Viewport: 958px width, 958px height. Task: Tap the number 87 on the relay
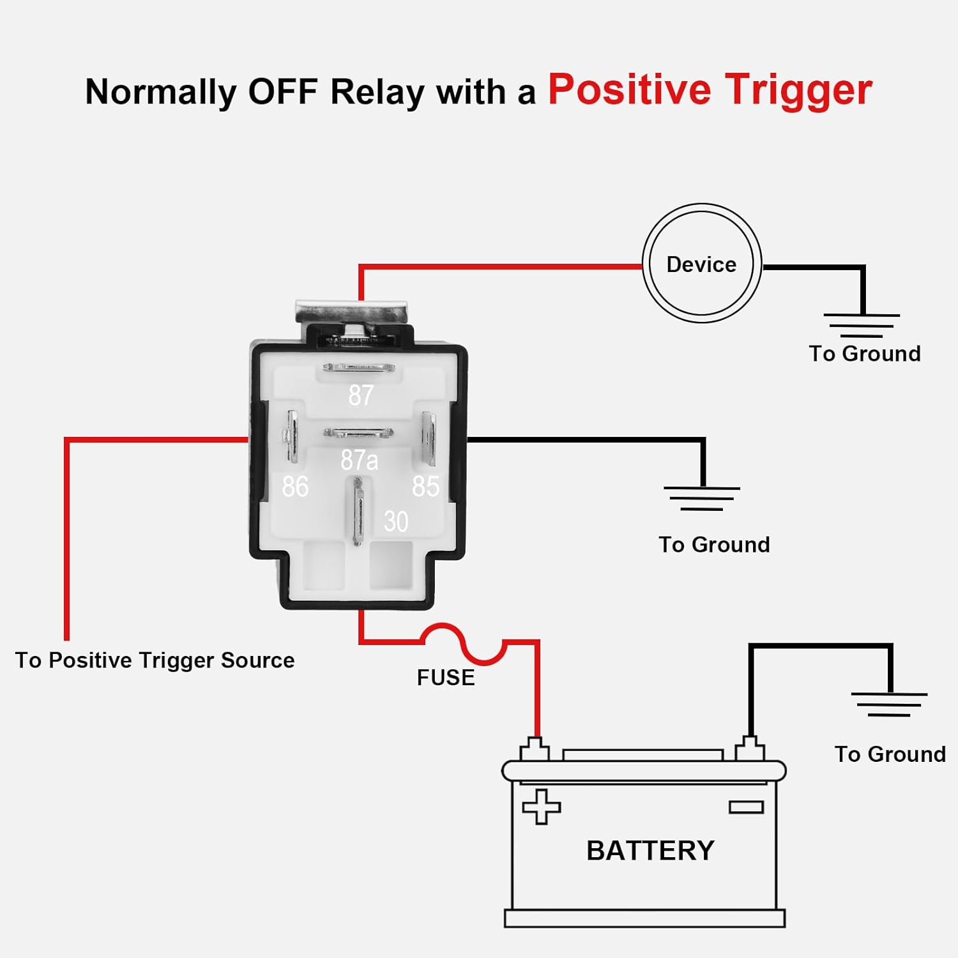[x=361, y=395]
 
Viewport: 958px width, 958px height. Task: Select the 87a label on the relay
[x=359, y=460]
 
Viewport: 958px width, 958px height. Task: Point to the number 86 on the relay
[x=295, y=487]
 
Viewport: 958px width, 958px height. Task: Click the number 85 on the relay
[x=425, y=487]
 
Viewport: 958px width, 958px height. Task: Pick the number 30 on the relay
[x=396, y=522]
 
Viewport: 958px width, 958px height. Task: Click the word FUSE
[x=446, y=678]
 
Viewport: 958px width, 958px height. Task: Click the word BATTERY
[x=650, y=851]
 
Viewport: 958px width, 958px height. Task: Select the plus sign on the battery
[x=542, y=807]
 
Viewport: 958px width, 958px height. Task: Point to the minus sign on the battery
[x=747, y=807]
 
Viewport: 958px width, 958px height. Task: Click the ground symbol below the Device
[x=862, y=325]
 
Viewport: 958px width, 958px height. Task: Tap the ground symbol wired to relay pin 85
[x=702, y=498]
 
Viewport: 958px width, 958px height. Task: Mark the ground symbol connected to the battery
[x=889, y=704]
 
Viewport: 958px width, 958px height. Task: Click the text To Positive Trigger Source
[x=155, y=660]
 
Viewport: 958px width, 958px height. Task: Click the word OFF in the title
[x=283, y=91]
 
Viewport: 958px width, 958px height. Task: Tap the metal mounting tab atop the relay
[x=351, y=313]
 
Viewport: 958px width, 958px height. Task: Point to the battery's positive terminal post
[x=535, y=749]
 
